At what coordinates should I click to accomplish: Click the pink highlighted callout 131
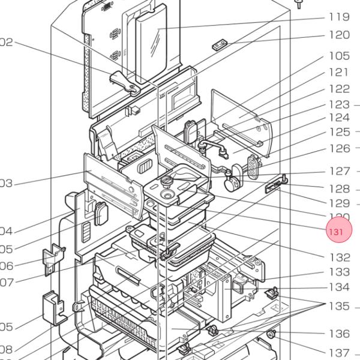pyautogui.click(x=338, y=230)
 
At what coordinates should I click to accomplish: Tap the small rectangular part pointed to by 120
pyautogui.click(x=219, y=44)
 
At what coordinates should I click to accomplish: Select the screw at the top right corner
pyautogui.click(x=298, y=4)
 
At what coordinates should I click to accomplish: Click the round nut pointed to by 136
pyautogui.click(x=271, y=334)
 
